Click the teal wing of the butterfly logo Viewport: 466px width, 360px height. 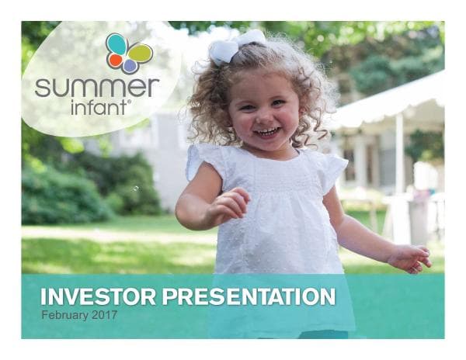tap(117, 44)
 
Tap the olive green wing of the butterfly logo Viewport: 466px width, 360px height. tap(140, 53)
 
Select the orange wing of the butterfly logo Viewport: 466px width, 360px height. tap(115, 61)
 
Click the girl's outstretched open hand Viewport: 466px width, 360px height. tap(410, 258)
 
